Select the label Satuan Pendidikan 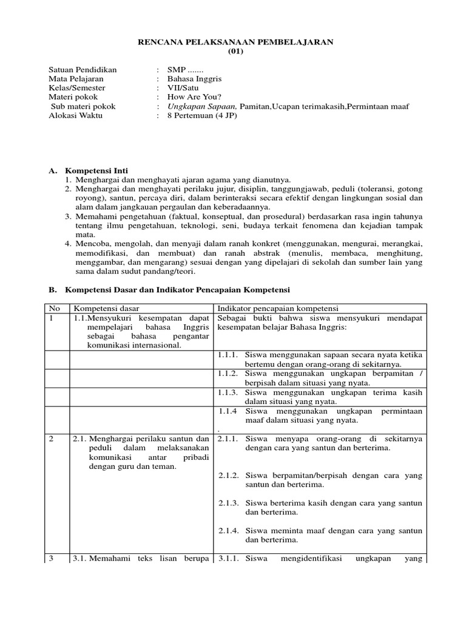pos(83,70)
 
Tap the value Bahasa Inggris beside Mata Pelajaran pos(194,79)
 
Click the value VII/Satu pos(183,88)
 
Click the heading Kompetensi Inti pos(96,171)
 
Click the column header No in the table pos(55,309)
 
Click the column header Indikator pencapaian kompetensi pos(278,309)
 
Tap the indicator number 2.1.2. pos(229,476)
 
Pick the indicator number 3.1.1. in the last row pos(229,559)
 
